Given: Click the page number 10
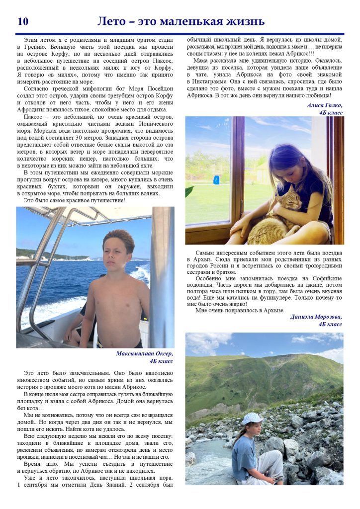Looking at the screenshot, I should pyautogui.click(x=23, y=22).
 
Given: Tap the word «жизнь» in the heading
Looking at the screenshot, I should pyautogui.click(x=244, y=22).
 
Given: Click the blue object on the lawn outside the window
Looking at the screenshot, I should pyautogui.click(x=216, y=180).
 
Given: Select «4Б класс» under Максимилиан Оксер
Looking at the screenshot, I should pyautogui.click(x=159, y=361).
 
